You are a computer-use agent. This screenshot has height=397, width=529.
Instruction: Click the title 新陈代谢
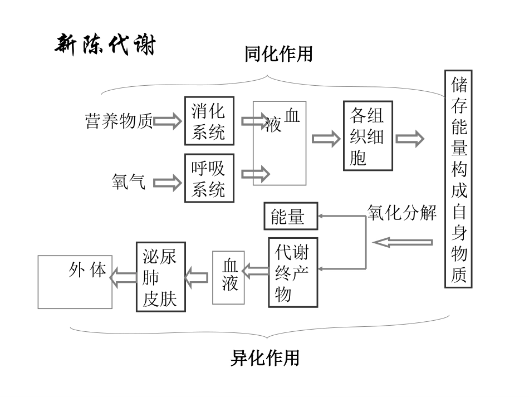pyautogui.click(x=105, y=45)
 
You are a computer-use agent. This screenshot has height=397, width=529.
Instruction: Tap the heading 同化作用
pyautogui.click(x=279, y=55)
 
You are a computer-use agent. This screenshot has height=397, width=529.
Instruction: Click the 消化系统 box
pyautogui.click(x=209, y=121)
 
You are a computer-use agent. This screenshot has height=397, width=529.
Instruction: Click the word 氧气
pyautogui.click(x=129, y=182)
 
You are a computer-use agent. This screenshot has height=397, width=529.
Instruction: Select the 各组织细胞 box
pyautogui.click(x=368, y=136)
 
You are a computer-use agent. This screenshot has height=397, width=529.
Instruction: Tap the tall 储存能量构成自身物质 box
pyautogui.click(x=458, y=179)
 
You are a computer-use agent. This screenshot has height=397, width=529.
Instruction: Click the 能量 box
pyautogui.click(x=290, y=216)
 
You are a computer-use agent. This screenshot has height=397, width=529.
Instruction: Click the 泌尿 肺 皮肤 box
pyautogui.click(x=160, y=277)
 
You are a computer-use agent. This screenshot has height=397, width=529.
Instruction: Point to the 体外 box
pyautogui.click(x=75, y=281)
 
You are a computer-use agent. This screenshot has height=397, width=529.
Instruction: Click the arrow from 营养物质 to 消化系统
pyautogui.click(x=168, y=121)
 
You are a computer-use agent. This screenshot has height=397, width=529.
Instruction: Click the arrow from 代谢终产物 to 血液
pyautogui.click(x=256, y=272)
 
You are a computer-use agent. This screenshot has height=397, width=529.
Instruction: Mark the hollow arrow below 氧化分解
pyautogui.click(x=403, y=242)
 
